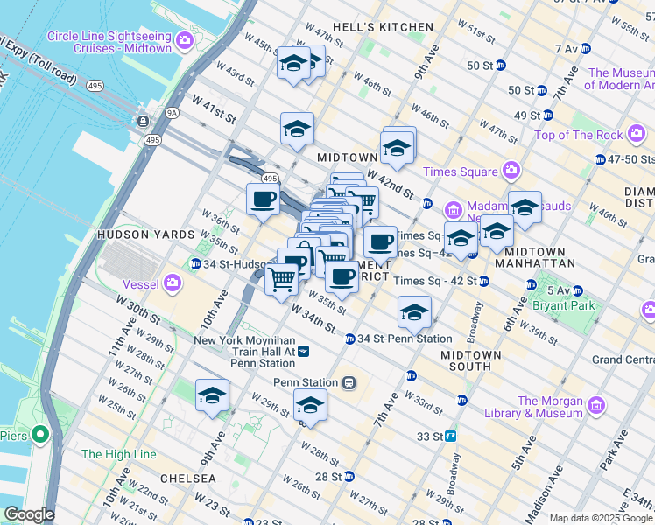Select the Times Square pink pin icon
(511, 171)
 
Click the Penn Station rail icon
(349, 382)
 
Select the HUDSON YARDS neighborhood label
(145, 235)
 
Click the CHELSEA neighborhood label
(188, 479)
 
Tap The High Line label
(119, 454)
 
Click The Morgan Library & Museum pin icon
(596, 406)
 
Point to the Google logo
(29, 514)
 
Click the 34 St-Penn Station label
(405, 339)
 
